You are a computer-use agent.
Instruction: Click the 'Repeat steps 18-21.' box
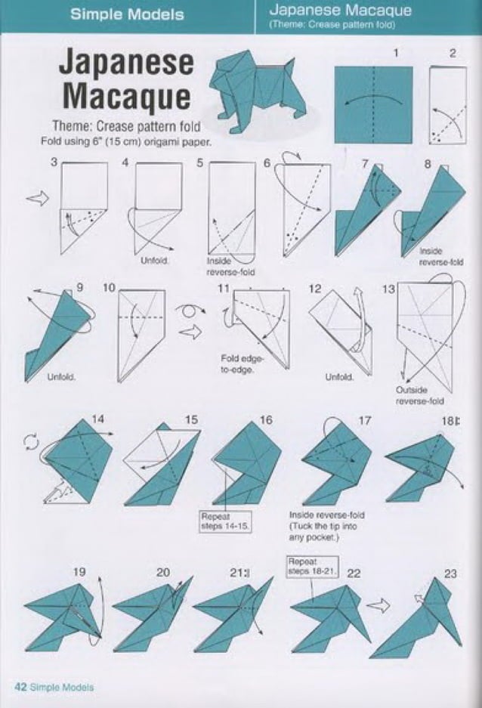click(314, 566)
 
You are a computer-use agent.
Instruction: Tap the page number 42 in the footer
click(20, 687)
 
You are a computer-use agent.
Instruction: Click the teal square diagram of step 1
click(374, 104)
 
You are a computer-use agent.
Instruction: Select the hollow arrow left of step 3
click(37, 198)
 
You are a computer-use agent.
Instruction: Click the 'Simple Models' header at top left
click(127, 14)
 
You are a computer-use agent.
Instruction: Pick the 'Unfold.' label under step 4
click(154, 261)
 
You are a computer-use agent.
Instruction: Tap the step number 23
click(450, 574)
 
